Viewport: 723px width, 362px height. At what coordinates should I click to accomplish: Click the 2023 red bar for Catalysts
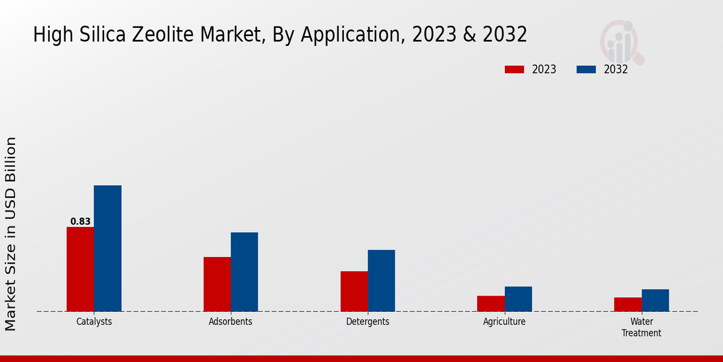(80, 269)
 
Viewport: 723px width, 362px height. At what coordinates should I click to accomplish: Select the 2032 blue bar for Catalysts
(107, 248)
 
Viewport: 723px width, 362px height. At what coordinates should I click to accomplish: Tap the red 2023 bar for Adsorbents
(217, 284)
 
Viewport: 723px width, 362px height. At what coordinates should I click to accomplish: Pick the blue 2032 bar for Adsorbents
(244, 271)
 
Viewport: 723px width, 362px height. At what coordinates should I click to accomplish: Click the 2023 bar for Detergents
(354, 291)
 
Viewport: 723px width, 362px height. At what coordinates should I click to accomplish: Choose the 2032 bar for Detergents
(381, 281)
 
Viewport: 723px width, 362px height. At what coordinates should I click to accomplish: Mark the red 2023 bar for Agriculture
(490, 303)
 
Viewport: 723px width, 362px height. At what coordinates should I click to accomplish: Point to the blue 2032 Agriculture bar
(518, 299)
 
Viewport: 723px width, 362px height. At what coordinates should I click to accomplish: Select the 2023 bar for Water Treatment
(627, 304)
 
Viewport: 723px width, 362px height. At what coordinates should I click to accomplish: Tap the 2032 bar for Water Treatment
(655, 300)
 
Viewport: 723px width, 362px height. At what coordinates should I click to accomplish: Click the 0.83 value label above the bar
(80, 221)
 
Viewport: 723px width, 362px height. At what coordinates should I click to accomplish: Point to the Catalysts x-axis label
(94, 322)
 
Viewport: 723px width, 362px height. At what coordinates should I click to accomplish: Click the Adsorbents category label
(230, 322)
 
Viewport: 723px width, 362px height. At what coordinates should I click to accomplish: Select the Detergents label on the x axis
(368, 322)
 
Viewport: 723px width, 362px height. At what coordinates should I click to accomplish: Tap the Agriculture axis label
(504, 322)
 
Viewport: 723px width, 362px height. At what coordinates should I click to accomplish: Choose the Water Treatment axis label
(641, 327)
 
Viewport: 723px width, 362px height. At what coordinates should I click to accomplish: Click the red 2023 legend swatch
(514, 69)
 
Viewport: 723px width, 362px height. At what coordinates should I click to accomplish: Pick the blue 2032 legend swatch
(586, 69)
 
